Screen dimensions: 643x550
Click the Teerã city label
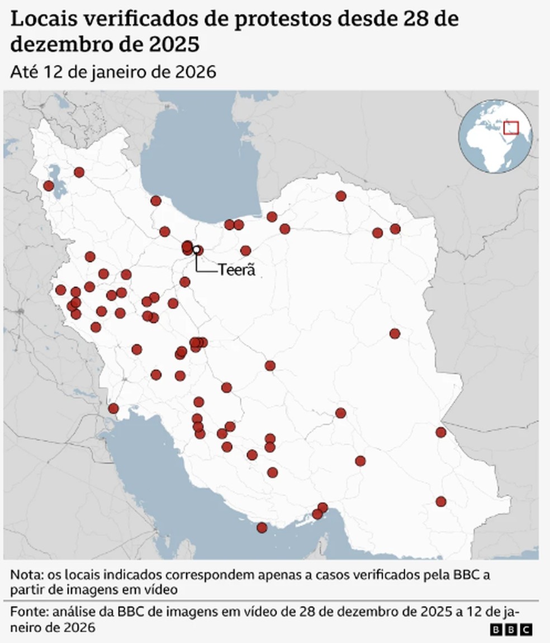236,270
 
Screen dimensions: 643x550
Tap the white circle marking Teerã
197,249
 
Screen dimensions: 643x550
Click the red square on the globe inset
511,127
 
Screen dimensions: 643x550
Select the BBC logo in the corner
511,630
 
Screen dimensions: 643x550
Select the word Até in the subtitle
23,72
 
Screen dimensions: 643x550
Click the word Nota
23,575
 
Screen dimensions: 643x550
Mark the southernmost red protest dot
262,527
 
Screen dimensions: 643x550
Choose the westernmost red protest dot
49,186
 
